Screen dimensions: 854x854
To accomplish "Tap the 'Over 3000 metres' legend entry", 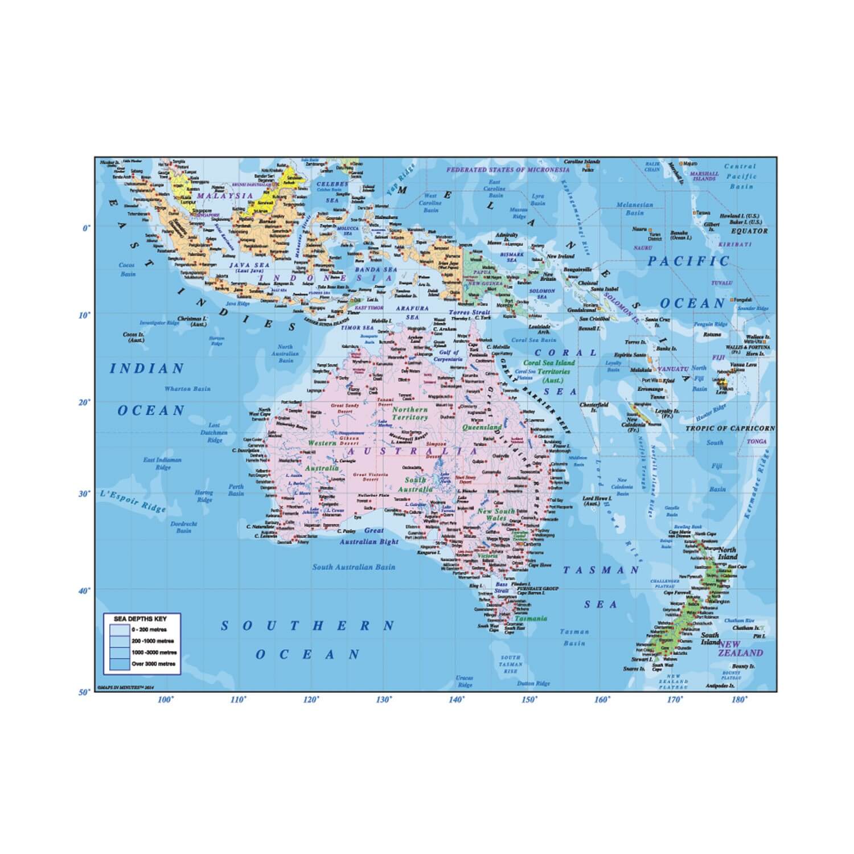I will [153, 664].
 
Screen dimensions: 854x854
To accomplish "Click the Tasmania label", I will [531, 619].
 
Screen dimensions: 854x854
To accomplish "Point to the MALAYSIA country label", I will [225, 195].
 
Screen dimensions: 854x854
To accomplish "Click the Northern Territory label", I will [410, 413].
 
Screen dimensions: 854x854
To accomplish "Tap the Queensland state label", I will [482, 427].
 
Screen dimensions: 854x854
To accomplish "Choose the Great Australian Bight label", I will [369, 536].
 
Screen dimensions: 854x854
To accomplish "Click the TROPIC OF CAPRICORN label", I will [730, 428].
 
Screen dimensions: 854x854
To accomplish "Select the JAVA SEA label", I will [246, 265].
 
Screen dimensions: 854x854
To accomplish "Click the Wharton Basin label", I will [187, 389].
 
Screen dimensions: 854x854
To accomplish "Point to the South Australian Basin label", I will [354, 567].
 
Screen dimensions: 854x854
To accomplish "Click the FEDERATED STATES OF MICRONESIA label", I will [507, 170].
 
